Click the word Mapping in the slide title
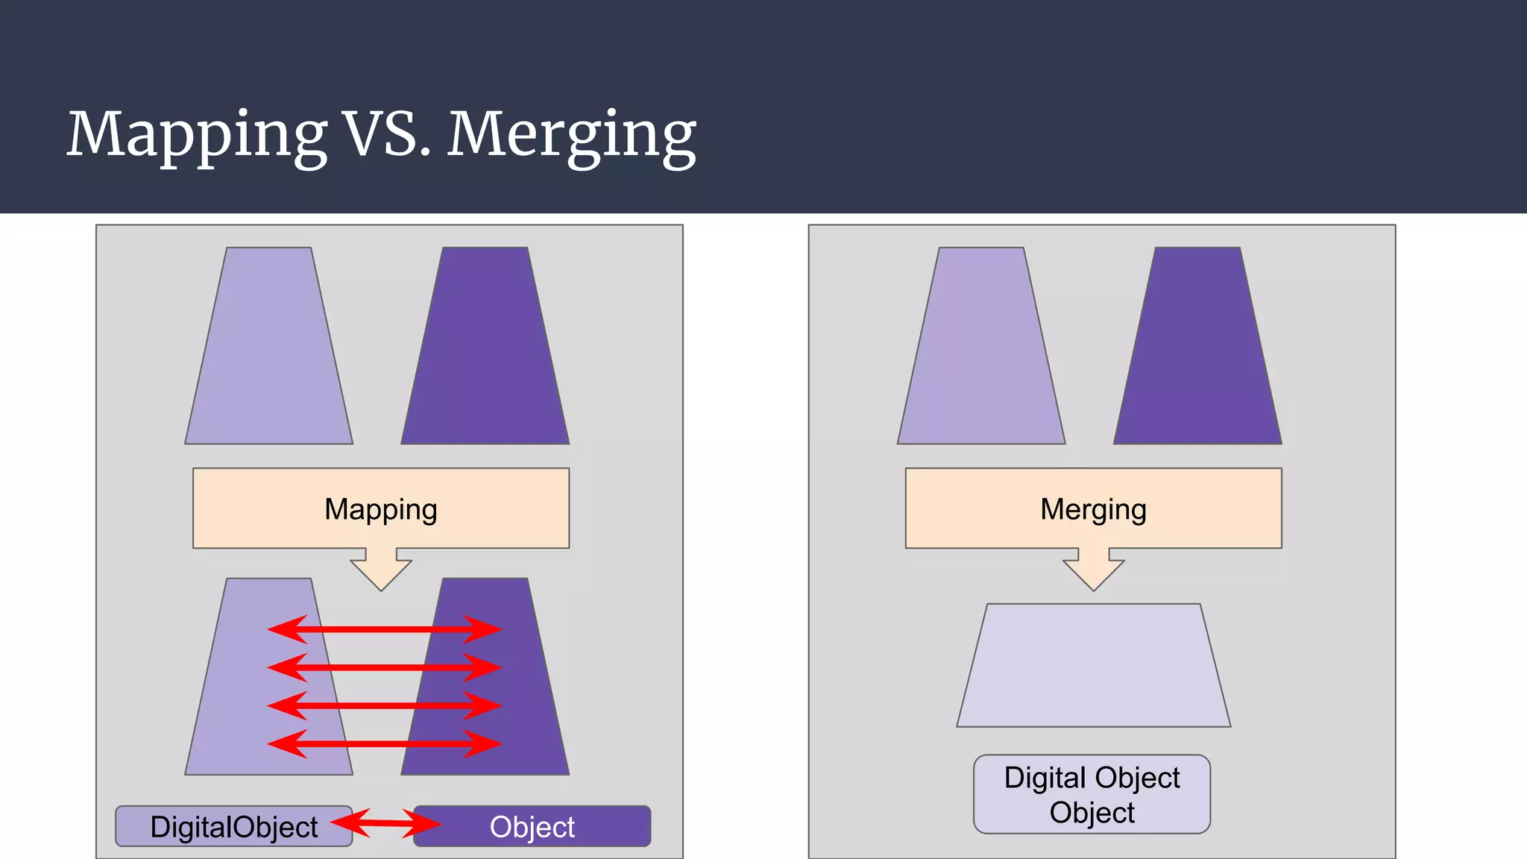197,134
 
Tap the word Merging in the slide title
571,134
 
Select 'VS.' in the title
387,134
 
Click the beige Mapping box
381,509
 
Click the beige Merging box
1093,509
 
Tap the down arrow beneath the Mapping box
381,570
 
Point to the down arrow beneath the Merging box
1093,570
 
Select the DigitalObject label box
233,826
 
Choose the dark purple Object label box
532,826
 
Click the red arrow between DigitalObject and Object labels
385,822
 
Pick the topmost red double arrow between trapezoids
384,629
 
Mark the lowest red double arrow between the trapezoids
384,743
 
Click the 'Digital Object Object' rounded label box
1092,794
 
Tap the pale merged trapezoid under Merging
1093,665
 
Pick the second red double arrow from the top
384,667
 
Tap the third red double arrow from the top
384,705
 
